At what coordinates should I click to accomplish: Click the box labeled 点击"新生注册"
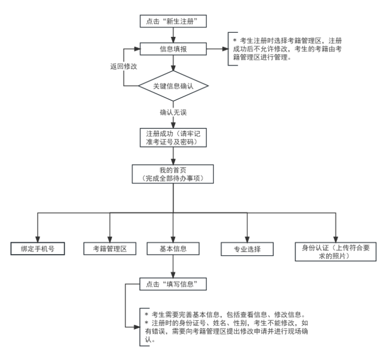coord(172,21)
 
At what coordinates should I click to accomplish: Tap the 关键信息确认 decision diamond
coord(173,86)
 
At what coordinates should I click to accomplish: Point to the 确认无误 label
coord(173,112)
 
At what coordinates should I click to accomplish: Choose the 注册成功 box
coord(172,137)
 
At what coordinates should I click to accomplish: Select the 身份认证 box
coord(336,251)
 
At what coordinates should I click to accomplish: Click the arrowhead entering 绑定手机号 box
coord(37,237)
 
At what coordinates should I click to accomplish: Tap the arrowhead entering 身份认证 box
coord(336,237)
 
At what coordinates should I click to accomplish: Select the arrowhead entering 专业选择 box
coord(247,237)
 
